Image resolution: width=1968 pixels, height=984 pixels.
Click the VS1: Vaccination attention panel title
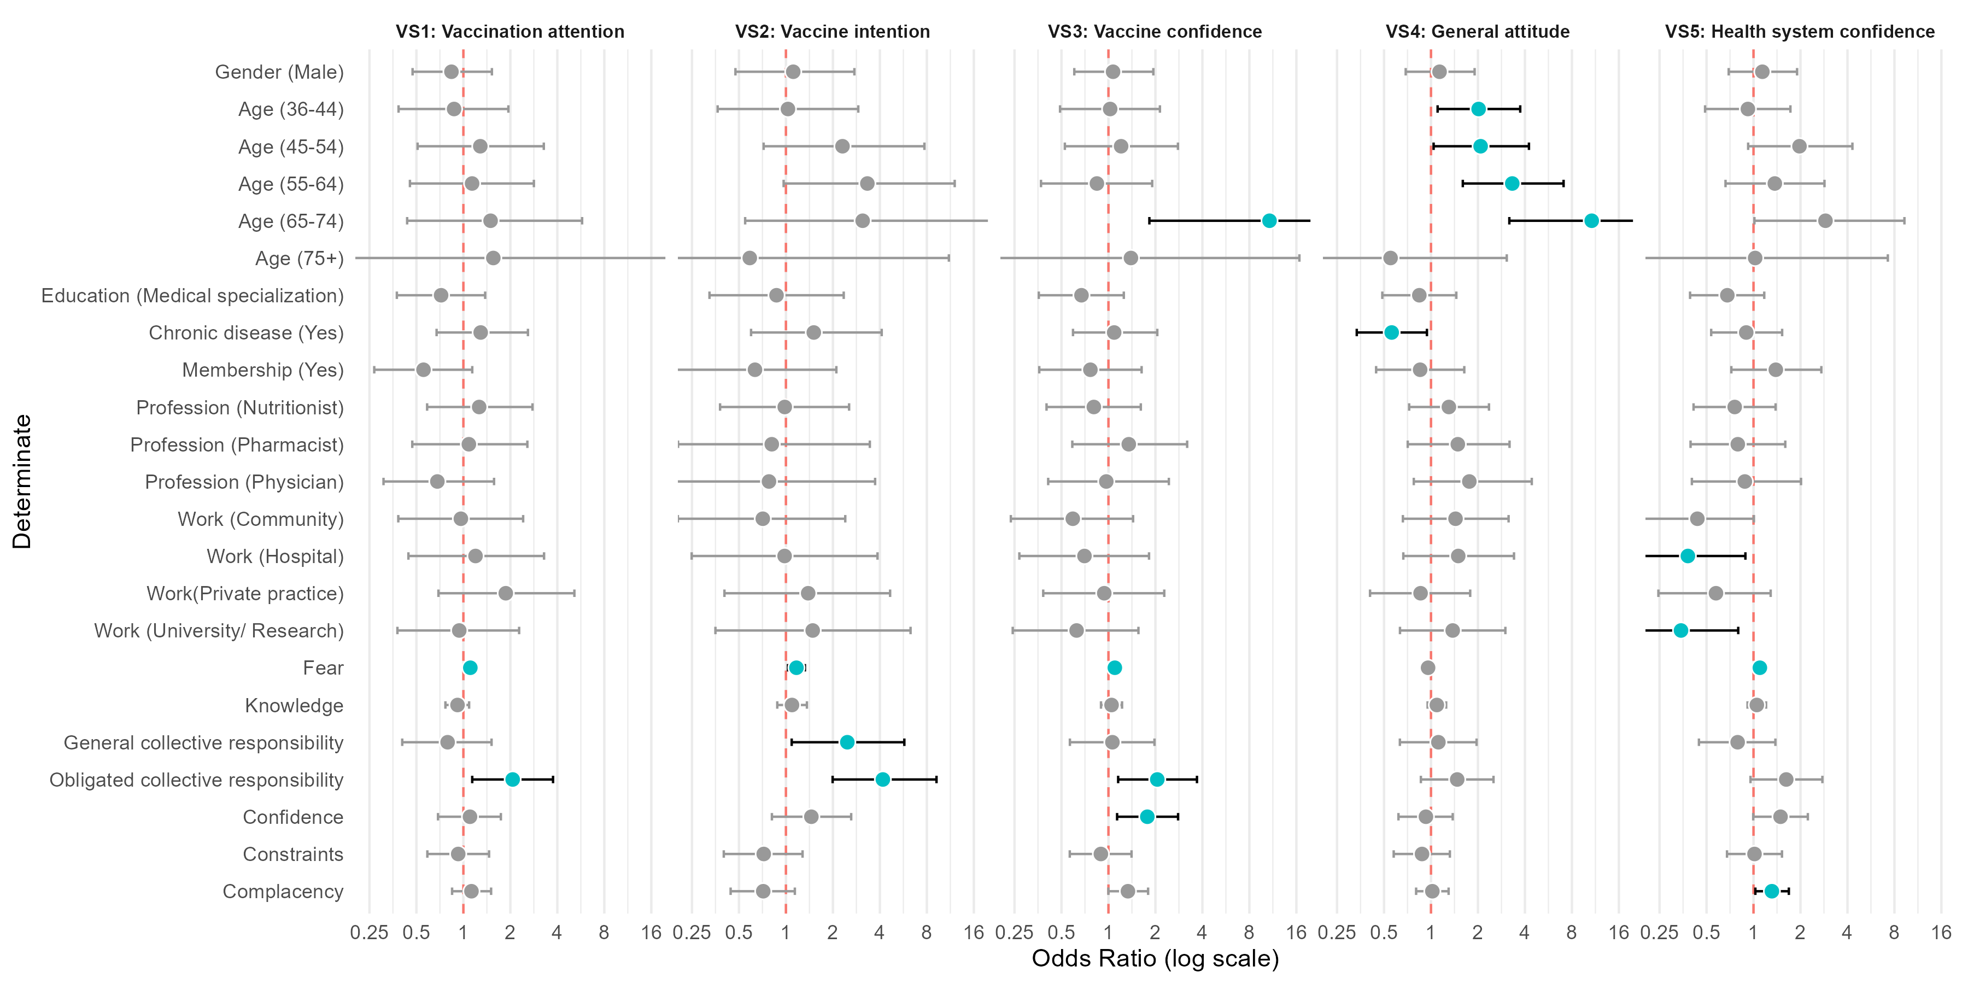[x=509, y=31]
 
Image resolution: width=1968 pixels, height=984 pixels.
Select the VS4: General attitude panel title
[x=1478, y=31]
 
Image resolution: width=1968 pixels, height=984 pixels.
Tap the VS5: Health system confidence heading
[x=1800, y=31]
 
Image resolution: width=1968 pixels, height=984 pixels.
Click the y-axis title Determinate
[x=22, y=481]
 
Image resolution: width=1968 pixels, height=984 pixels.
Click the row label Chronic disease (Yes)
[x=246, y=333]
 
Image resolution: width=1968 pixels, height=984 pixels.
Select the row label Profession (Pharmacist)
[x=237, y=444]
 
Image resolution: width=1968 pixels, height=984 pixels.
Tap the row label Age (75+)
[x=300, y=258]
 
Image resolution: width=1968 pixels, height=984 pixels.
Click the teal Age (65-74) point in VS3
[x=1269, y=221]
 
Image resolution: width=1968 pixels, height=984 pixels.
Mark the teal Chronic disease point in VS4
[x=1391, y=332]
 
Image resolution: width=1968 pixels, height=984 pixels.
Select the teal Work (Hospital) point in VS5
[x=1688, y=556]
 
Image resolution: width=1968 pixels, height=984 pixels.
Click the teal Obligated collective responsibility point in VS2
[x=882, y=779]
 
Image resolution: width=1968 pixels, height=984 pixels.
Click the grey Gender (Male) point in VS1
[x=452, y=72]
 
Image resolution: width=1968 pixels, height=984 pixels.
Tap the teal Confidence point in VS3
[x=1147, y=817]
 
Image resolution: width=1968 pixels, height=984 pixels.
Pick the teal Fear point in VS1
[x=470, y=667]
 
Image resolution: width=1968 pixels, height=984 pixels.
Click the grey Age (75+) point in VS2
[x=749, y=258]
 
